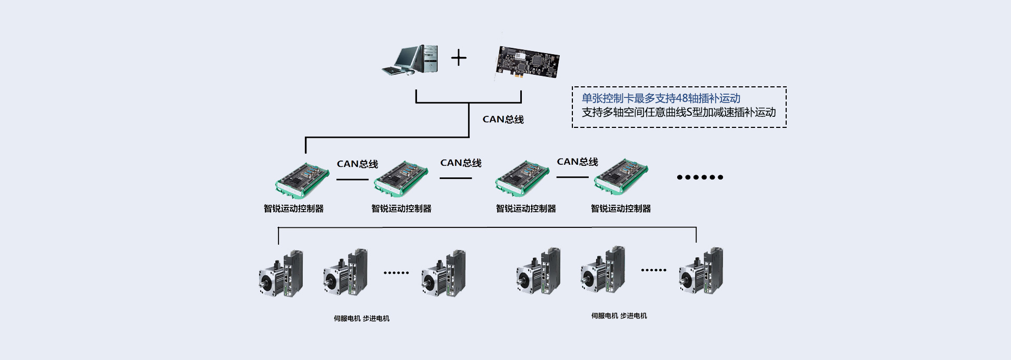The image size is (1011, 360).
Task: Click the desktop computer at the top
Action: (410, 59)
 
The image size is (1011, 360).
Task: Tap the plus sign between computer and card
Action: (459, 57)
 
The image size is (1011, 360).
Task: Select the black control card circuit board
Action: (528, 62)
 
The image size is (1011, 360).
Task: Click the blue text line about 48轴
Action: (661, 98)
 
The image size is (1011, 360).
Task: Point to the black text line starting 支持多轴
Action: (678, 112)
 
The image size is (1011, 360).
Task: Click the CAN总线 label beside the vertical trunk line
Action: (503, 119)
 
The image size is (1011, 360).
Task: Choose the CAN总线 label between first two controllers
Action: (358, 164)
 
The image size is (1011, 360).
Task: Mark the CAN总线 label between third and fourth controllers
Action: (578, 162)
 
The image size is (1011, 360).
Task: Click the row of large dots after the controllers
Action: (700, 177)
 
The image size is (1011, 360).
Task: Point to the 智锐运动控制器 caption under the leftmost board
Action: (294, 208)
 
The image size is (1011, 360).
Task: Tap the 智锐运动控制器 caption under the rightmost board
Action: (621, 208)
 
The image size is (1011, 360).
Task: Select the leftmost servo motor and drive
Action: (281, 273)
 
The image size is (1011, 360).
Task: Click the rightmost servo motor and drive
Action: (701, 271)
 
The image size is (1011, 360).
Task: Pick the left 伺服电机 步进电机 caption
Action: (362, 318)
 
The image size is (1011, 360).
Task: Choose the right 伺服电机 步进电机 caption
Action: (619, 316)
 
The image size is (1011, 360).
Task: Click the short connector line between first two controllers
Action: (353, 179)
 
